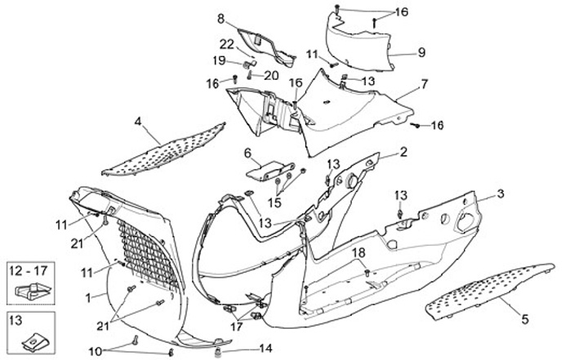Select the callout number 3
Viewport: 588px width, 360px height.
coord(501,193)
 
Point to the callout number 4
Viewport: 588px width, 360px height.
coord(139,122)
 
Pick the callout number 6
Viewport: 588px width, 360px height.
coord(246,152)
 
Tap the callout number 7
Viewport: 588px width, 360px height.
coord(424,84)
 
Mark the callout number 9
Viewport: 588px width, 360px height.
coord(421,51)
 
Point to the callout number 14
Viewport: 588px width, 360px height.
coord(265,348)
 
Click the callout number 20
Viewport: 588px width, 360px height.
coord(271,75)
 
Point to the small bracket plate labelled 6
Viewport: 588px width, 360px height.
coord(265,169)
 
